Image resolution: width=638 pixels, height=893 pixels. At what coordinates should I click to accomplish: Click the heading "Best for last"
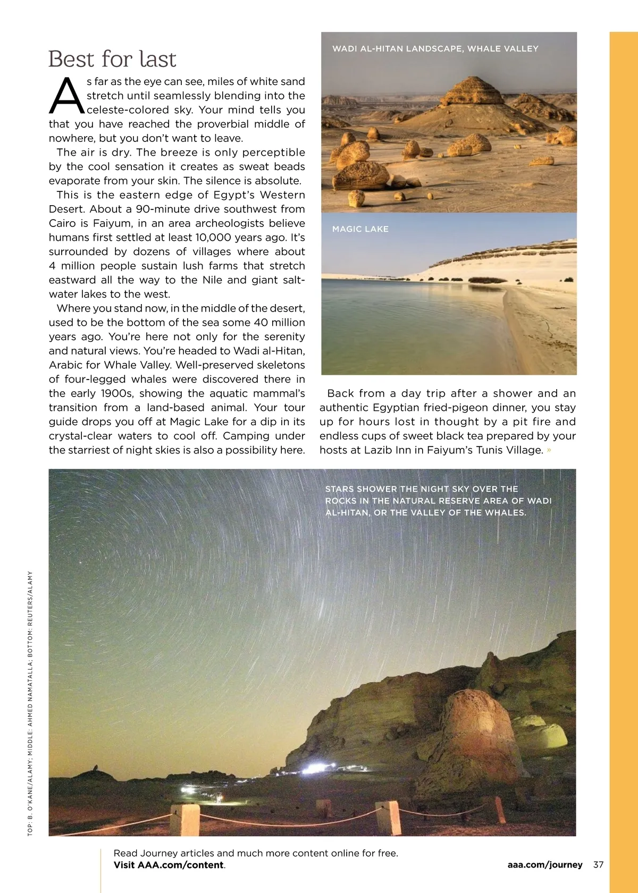pos(112,59)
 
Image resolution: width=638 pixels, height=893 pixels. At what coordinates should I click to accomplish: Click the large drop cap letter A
pos(66,97)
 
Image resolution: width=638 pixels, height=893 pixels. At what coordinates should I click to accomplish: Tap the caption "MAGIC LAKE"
pos(360,229)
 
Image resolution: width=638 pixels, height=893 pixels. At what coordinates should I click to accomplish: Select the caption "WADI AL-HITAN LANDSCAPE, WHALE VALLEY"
pos(435,49)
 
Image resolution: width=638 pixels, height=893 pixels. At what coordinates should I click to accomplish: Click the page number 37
pos(598,865)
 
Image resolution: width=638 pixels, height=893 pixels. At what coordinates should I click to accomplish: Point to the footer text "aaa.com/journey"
pos(544,865)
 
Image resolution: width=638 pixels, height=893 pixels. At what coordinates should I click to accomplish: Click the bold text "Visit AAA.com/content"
pos(169,865)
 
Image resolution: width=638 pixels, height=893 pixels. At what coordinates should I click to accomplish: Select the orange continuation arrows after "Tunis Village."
pos(549,450)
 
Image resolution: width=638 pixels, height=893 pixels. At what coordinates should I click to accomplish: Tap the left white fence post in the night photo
pos(185,819)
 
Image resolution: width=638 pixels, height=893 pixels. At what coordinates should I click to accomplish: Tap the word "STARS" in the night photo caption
pos(339,489)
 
